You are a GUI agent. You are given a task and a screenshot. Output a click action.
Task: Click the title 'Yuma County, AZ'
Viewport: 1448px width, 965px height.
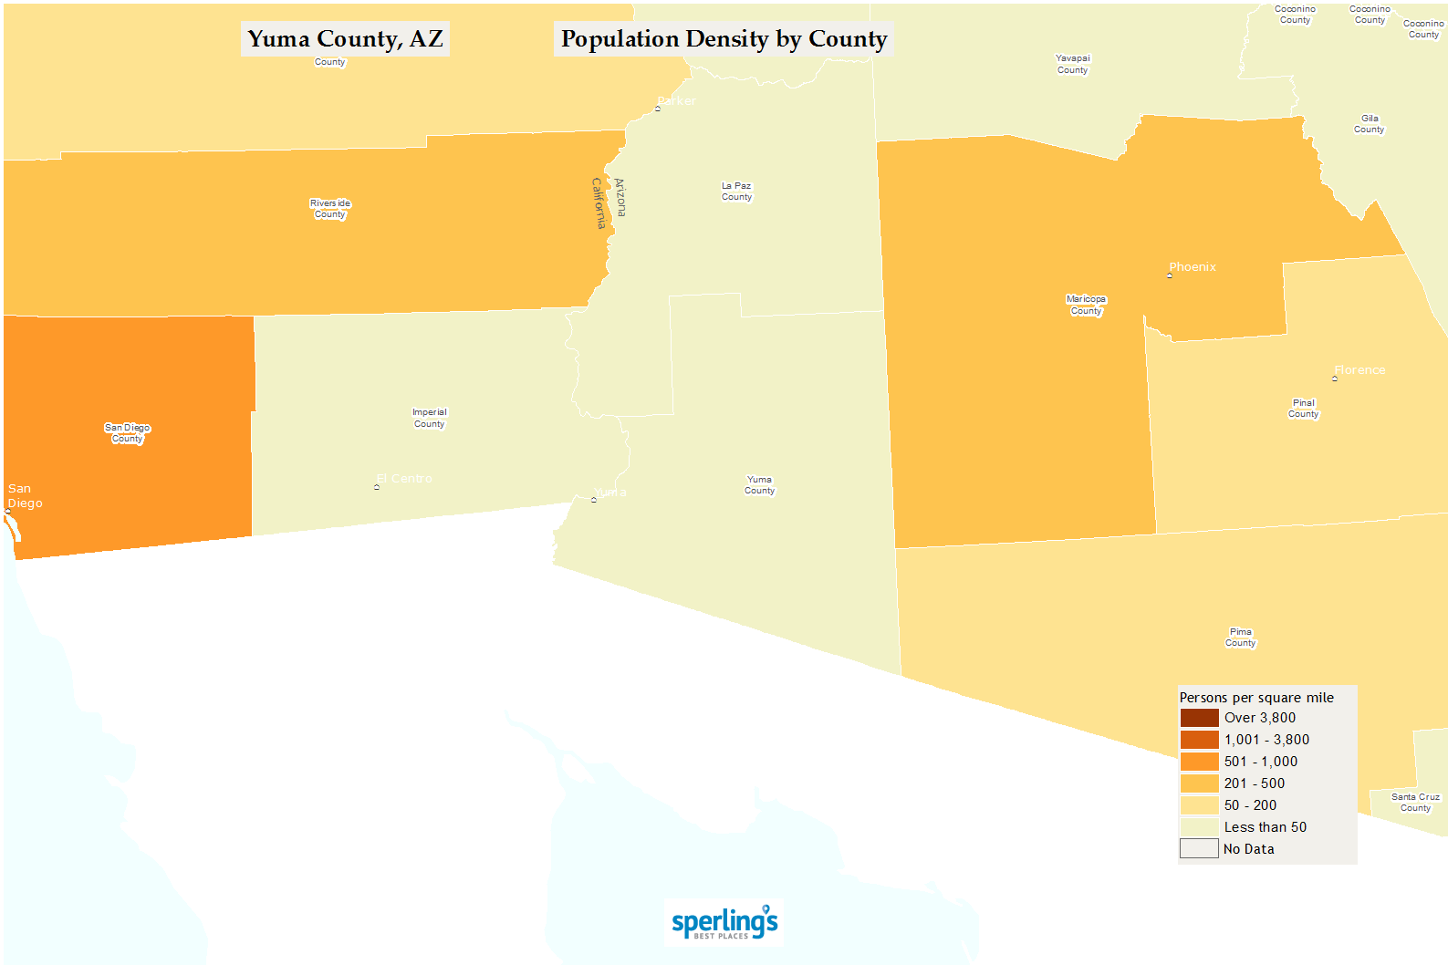pyautogui.click(x=345, y=39)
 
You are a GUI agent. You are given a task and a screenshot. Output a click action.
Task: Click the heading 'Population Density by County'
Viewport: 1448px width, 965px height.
pyautogui.click(x=724, y=39)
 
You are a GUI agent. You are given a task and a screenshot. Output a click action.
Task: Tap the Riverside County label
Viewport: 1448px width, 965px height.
pyautogui.click(x=330, y=209)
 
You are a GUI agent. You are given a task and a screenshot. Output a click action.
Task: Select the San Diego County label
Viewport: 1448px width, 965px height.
pyautogui.click(x=127, y=433)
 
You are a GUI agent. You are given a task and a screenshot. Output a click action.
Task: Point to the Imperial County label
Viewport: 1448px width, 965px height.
pyautogui.click(x=429, y=418)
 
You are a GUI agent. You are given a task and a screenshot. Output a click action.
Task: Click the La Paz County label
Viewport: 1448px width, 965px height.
pyautogui.click(x=736, y=192)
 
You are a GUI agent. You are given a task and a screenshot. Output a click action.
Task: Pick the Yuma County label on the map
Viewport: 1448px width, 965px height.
pyautogui.click(x=759, y=485)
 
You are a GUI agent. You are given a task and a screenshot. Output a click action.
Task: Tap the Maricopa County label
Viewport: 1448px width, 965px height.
pyautogui.click(x=1086, y=305)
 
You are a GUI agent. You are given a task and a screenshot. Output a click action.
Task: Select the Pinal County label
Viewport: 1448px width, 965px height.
pyautogui.click(x=1303, y=409)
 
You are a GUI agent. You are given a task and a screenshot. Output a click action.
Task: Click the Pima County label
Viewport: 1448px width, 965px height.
pyautogui.click(x=1240, y=638)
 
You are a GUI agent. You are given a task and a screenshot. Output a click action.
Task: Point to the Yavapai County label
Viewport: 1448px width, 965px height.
pyautogui.click(x=1072, y=64)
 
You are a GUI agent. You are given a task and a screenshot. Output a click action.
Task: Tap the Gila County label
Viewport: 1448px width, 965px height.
pyautogui.click(x=1369, y=124)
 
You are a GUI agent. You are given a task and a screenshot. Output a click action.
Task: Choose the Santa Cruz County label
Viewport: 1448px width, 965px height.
pyautogui.click(x=1415, y=803)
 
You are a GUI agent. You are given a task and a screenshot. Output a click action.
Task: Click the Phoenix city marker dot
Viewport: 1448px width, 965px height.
pyautogui.click(x=1170, y=275)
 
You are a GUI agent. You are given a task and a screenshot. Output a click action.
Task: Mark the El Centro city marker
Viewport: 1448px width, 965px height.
pyautogui.click(x=377, y=487)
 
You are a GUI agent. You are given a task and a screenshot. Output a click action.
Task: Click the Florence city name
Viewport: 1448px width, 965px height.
pyautogui.click(x=1359, y=370)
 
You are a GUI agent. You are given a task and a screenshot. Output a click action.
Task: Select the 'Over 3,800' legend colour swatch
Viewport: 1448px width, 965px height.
pyautogui.click(x=1199, y=718)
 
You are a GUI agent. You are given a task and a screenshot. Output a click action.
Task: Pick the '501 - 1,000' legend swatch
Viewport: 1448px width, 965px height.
pyautogui.click(x=1199, y=762)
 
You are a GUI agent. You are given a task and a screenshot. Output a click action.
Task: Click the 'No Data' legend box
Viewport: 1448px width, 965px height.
pyautogui.click(x=1199, y=849)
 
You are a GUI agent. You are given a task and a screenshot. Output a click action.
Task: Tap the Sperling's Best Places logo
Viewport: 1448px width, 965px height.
pyautogui.click(x=724, y=923)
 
